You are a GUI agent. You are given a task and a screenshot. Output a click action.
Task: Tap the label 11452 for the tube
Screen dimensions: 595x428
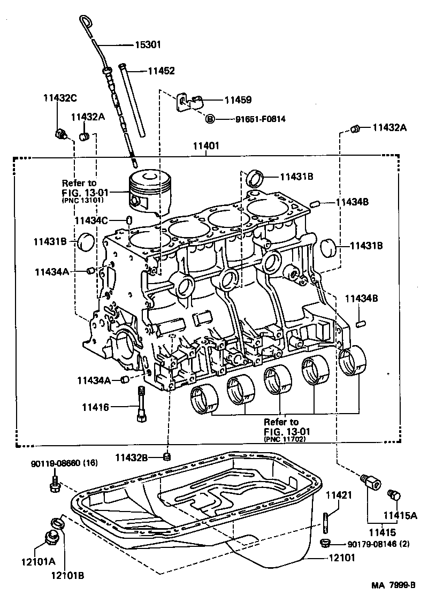coord(161,71)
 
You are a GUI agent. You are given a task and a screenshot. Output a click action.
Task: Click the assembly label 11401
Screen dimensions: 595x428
coord(206,146)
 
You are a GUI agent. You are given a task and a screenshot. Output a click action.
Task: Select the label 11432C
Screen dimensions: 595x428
coord(59,98)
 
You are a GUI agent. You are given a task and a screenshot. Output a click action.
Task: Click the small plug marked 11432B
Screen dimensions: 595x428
coord(167,456)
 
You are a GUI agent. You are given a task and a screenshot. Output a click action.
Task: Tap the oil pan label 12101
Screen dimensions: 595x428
coord(341,558)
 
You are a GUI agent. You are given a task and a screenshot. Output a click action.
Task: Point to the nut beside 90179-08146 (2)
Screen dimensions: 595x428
coord(324,544)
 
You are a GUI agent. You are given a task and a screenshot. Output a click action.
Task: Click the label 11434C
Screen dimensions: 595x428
coord(91,220)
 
